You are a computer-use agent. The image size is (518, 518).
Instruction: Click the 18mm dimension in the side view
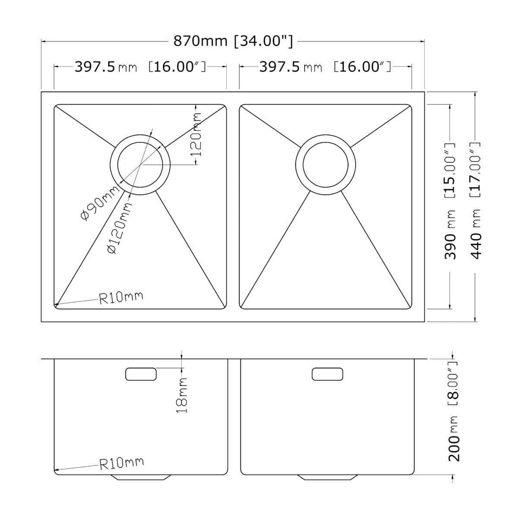pyautogui.click(x=182, y=395)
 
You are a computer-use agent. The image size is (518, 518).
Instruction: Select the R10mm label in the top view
pyautogui.click(x=121, y=297)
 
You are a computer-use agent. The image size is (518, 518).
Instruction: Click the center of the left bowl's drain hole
pyautogui.click(x=141, y=165)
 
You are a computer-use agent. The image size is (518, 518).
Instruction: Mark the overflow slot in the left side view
pyautogui.click(x=141, y=374)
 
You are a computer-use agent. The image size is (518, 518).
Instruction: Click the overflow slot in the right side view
pyautogui.click(x=327, y=374)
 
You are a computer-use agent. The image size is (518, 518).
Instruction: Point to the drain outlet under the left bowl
pyautogui.click(x=141, y=477)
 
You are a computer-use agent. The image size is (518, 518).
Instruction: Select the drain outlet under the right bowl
pyautogui.click(x=327, y=477)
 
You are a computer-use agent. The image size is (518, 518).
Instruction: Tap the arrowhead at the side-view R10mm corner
pyautogui.click(x=56, y=471)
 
